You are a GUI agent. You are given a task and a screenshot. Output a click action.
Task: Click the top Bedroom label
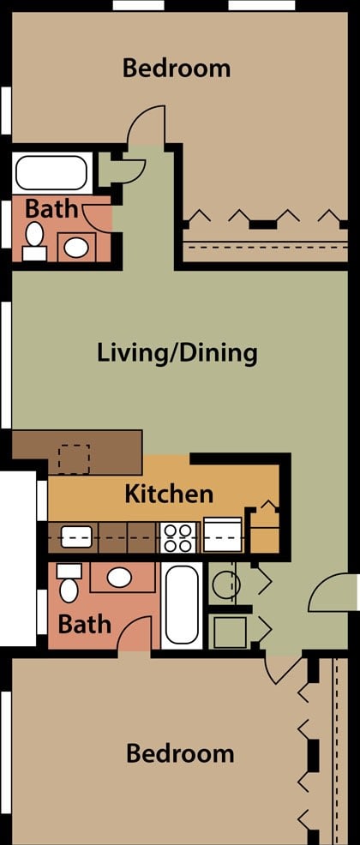pos(177,68)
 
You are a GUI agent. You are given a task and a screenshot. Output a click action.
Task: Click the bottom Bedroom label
pos(180,753)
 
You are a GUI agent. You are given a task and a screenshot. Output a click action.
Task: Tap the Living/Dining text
pos(177,352)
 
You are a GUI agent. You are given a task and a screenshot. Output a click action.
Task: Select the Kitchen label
pos(169,494)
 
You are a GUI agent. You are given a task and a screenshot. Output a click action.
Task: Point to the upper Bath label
pos(51,208)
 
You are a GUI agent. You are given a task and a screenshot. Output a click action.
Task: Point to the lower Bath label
pos(84,623)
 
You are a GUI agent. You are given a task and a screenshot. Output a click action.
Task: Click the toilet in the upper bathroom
pos(35,240)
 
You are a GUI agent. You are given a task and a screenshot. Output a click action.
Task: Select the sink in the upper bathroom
pos(77,247)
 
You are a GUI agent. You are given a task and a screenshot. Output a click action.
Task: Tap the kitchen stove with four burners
pos(179,537)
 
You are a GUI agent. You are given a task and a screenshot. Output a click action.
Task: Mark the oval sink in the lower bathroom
pos(119,577)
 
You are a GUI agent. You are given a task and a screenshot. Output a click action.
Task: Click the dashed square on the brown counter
pos(73,459)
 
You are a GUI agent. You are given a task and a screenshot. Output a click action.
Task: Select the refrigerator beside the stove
pos(223,536)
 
